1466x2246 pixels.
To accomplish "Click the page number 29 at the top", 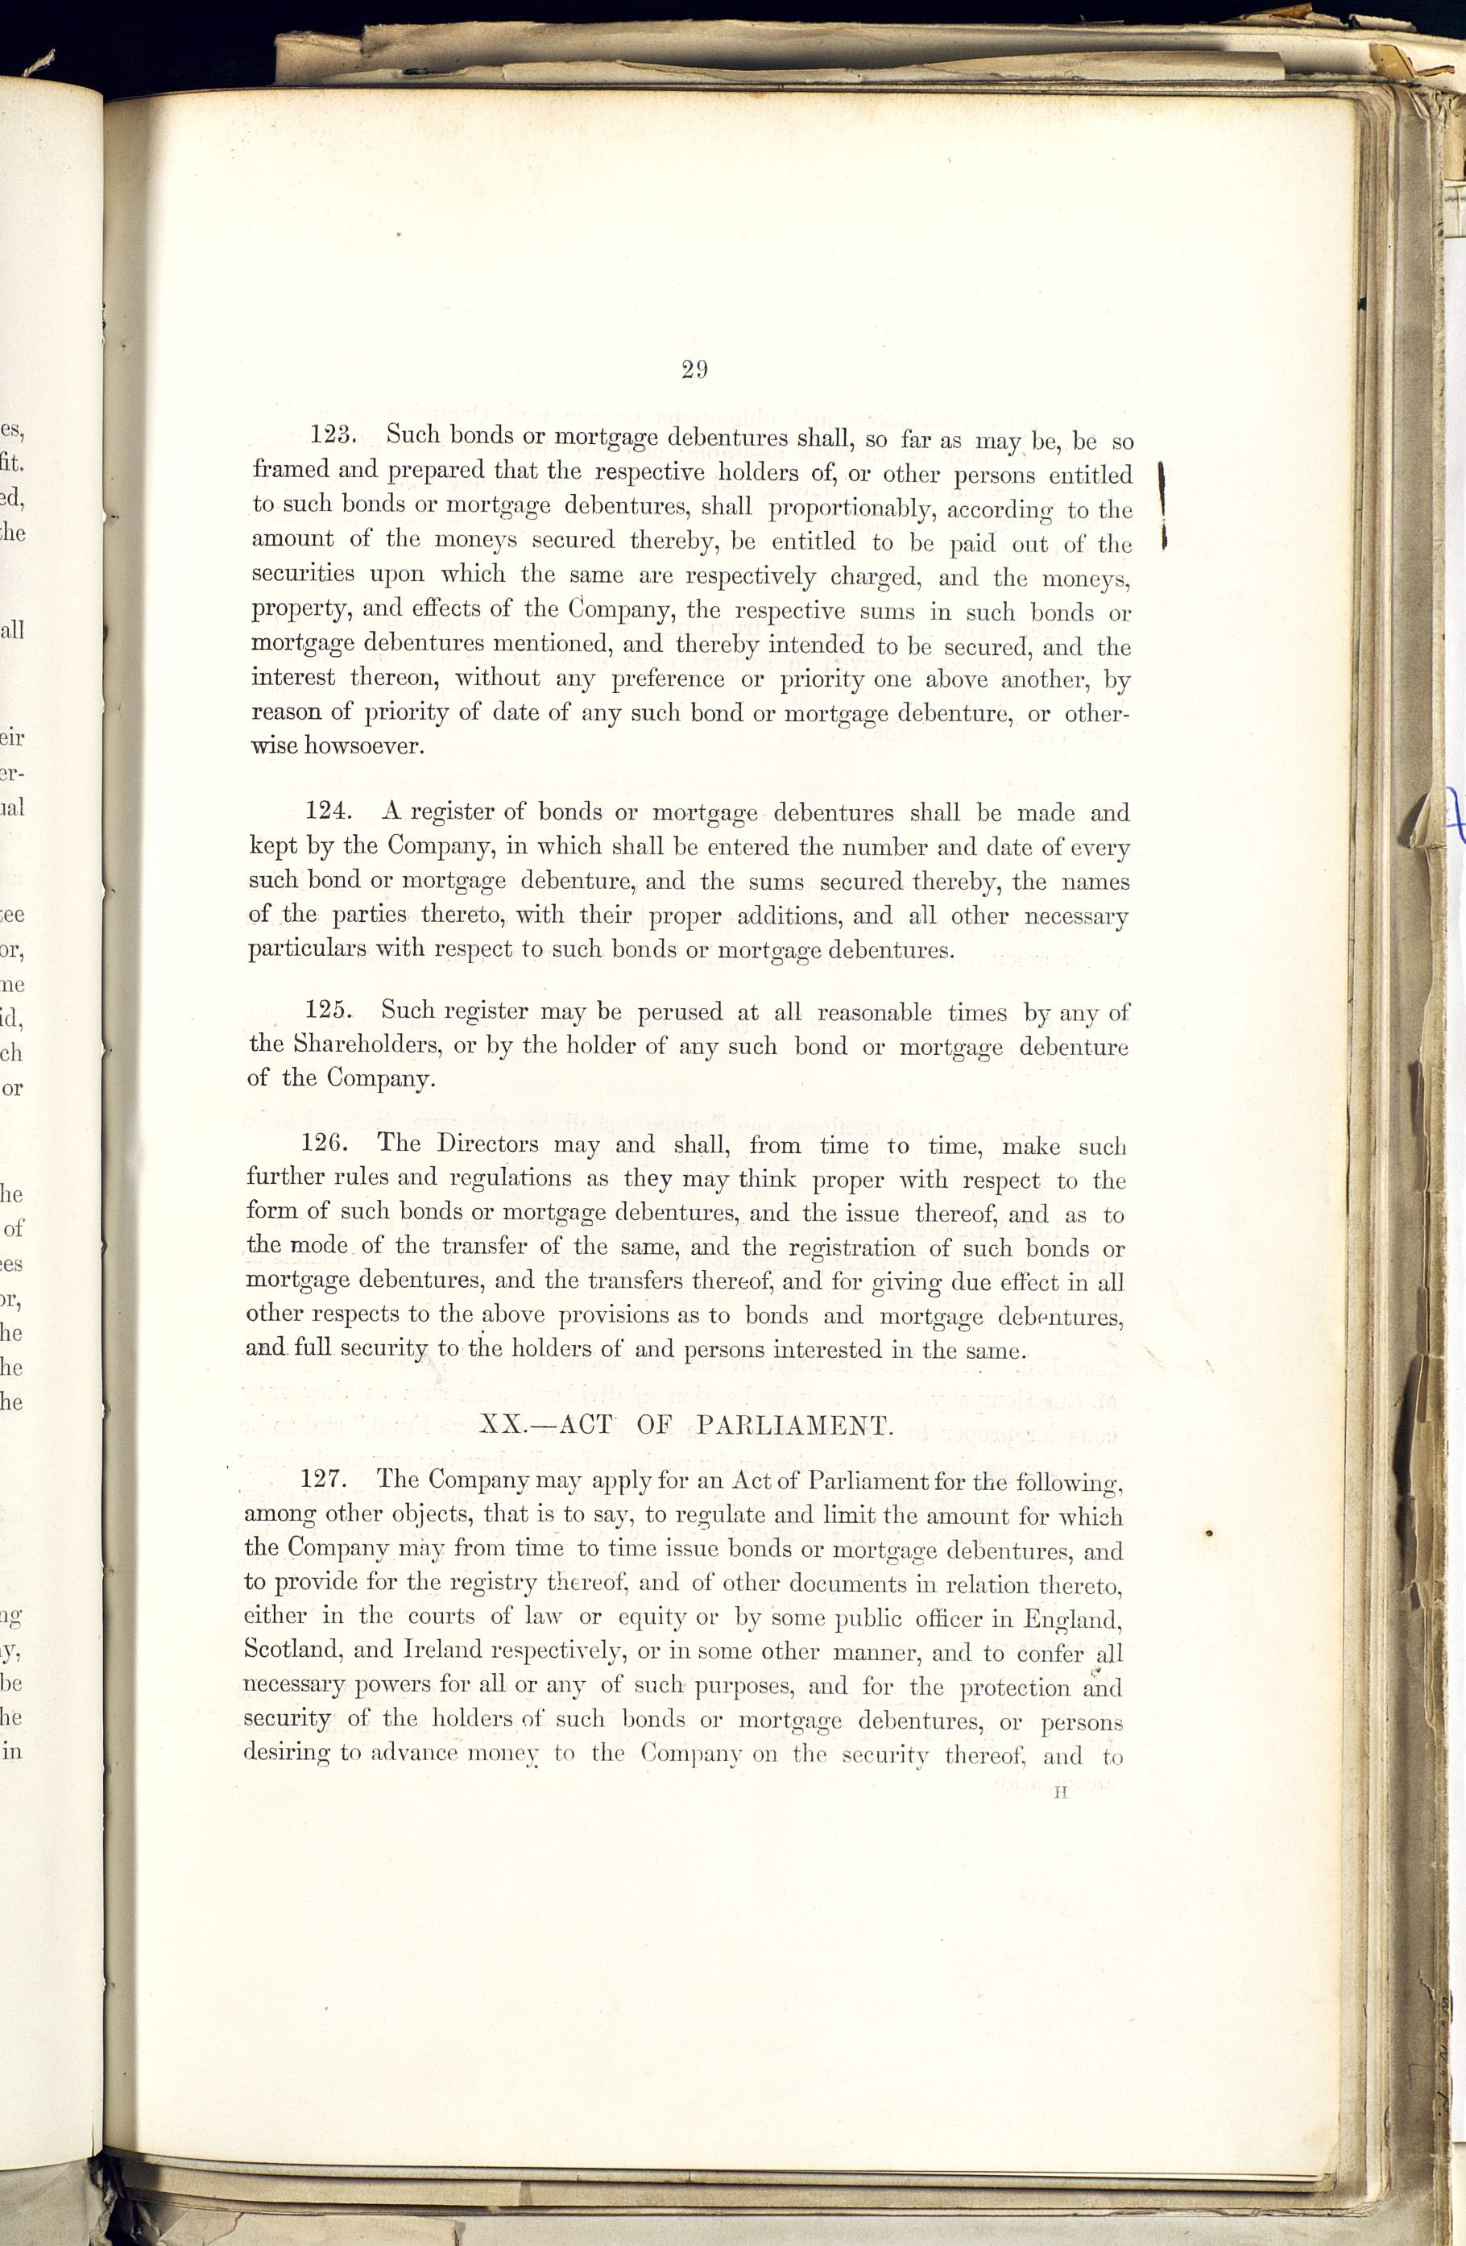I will click(694, 369).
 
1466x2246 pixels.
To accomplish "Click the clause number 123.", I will click(331, 435).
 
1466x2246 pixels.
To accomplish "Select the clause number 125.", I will click(329, 1011).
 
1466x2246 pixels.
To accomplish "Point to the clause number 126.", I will click(326, 1144).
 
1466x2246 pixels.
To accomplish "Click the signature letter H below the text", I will click(1060, 1794).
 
